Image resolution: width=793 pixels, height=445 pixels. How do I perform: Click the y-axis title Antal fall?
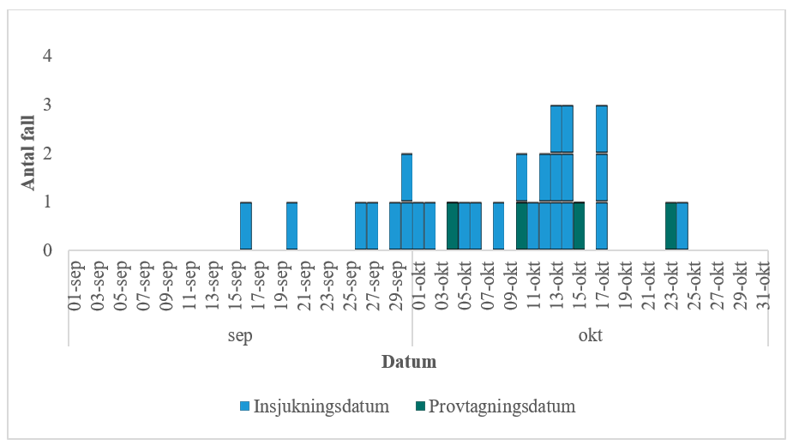click(27, 153)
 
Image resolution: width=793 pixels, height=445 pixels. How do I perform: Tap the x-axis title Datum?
click(408, 362)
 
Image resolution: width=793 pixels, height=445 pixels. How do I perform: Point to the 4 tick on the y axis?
click(48, 57)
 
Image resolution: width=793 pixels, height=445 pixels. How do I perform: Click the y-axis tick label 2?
click(48, 153)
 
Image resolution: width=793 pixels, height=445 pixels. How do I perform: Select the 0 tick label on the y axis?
click(48, 251)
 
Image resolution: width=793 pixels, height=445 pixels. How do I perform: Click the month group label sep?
click(240, 335)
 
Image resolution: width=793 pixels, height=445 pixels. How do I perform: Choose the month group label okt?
click(590, 335)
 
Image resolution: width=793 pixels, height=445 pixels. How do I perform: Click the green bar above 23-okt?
click(671, 226)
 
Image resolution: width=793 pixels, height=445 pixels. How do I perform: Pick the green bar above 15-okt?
click(579, 226)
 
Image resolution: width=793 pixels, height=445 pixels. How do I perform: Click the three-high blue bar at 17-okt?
click(602, 177)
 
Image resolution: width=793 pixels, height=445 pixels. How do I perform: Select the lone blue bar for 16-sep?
click(246, 226)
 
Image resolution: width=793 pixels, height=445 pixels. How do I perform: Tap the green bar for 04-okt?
click(453, 226)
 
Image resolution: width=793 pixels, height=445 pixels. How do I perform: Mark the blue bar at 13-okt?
click(556, 177)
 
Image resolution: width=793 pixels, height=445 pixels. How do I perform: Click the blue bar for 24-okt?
click(682, 226)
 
